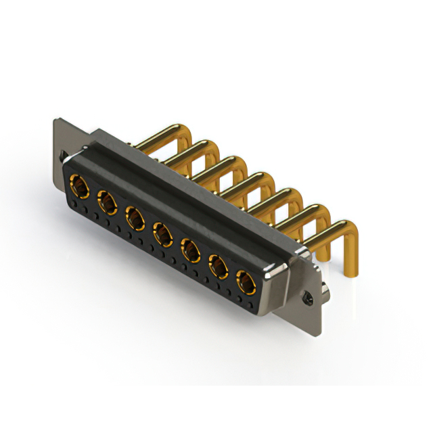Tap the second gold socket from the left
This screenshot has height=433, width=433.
107,201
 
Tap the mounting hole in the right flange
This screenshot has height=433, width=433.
309,296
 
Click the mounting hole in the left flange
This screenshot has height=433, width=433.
62,158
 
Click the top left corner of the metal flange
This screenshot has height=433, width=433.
56,121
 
